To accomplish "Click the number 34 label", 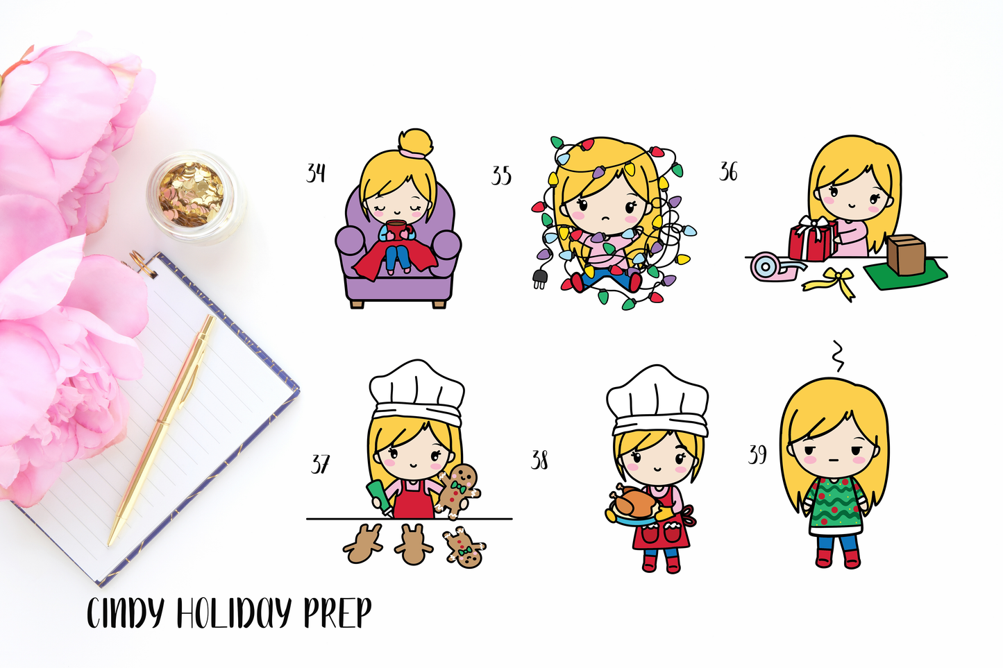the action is (316, 173).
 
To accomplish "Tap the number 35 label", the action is (501, 175).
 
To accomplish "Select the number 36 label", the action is (729, 172).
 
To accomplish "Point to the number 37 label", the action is (320, 465).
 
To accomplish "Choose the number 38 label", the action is (539, 460).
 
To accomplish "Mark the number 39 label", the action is (757, 455).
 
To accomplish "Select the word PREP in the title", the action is (337, 613).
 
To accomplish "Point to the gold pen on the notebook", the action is (162, 430).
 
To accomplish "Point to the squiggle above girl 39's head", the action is (837, 356).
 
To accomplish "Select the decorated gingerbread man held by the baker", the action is (457, 491).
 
